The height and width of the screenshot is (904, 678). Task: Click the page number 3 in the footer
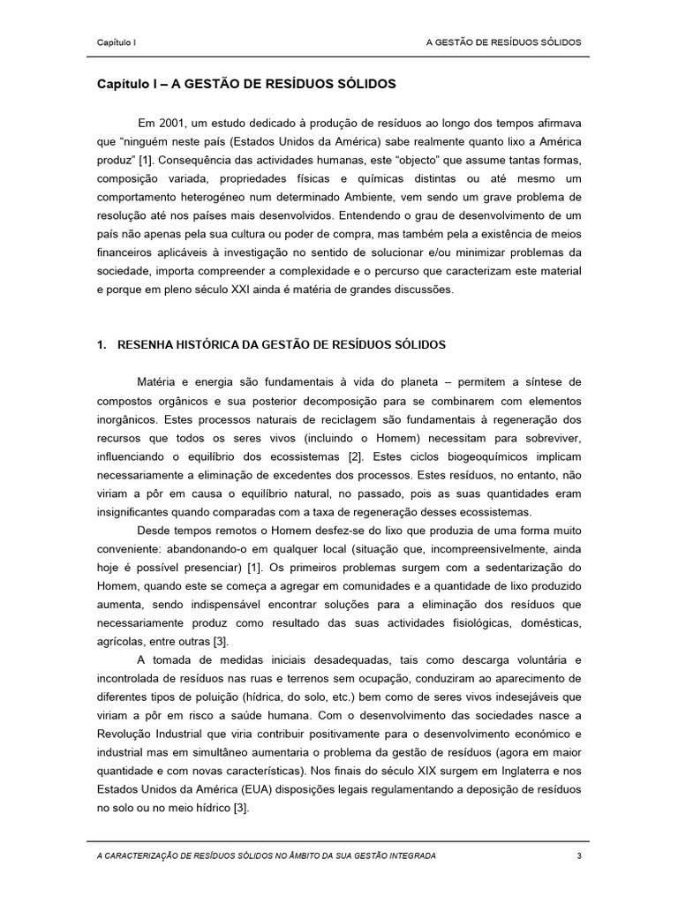click(x=578, y=856)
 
